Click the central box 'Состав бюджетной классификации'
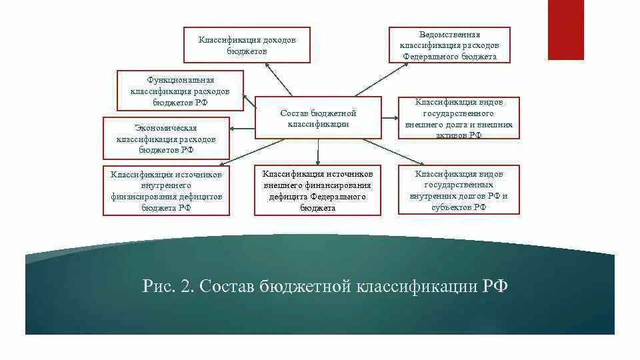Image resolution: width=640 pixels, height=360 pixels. pos(318,118)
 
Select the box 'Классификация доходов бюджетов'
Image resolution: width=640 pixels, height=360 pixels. pos(247,45)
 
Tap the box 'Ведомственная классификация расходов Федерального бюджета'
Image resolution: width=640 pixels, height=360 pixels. pos(449,45)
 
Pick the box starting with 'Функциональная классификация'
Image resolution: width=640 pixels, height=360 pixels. pos(180,91)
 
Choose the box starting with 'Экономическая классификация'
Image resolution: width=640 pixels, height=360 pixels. pos(166,138)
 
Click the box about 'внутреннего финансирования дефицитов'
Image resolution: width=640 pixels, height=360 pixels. pos(166,191)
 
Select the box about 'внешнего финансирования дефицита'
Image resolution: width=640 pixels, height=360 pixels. pos(317,191)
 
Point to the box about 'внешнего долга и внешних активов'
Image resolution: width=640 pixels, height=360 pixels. pos(459,118)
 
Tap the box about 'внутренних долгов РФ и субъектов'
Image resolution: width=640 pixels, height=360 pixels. pos(459,190)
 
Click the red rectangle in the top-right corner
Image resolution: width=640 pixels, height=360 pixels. pos(565,29)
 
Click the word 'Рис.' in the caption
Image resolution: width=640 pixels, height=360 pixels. pos(157,287)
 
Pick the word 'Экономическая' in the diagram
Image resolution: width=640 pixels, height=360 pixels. pos(166,127)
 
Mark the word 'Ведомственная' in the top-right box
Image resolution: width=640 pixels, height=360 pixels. pos(450,35)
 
